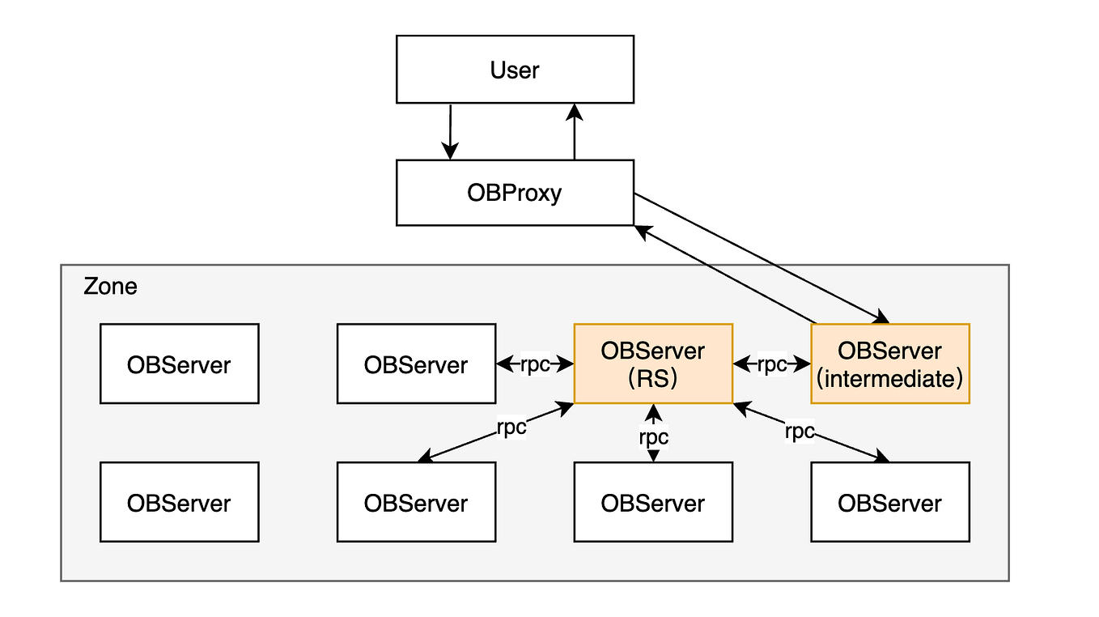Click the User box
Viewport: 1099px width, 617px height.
click(515, 70)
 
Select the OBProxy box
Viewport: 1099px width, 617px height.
click(515, 193)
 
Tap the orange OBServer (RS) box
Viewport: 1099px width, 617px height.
click(653, 364)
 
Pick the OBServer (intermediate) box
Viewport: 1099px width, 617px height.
click(889, 364)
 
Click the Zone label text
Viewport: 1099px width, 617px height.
click(111, 287)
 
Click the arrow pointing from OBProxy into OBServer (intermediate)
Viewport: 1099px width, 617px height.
click(761, 258)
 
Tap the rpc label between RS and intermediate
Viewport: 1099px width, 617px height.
click(771, 364)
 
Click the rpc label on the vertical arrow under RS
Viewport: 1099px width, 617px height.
click(653, 436)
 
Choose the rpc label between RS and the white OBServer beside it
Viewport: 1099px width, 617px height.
click(534, 364)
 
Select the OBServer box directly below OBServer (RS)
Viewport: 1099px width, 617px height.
click(653, 502)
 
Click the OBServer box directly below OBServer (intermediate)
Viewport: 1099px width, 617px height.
click(889, 502)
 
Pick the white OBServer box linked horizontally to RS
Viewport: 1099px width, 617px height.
click(416, 364)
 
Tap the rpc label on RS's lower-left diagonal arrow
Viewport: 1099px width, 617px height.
click(511, 427)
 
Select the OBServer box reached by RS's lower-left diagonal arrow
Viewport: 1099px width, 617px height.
click(416, 502)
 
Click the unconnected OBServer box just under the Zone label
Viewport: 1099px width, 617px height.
click(179, 364)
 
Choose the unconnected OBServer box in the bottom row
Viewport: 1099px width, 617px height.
click(179, 502)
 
